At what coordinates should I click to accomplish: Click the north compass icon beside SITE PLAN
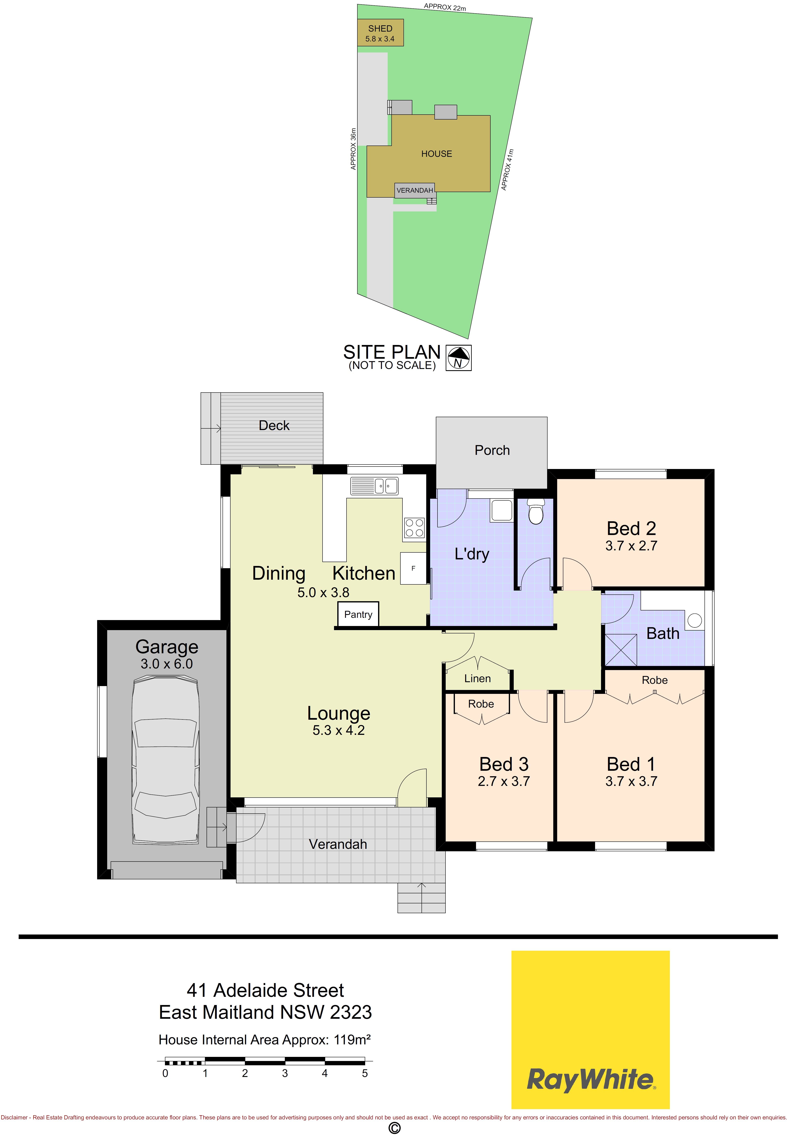click(459, 358)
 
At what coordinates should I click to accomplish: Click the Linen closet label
click(477, 678)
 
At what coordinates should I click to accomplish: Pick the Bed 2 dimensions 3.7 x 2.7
click(631, 546)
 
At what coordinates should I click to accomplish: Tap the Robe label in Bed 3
click(481, 703)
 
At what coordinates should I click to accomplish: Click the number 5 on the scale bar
click(365, 1073)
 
